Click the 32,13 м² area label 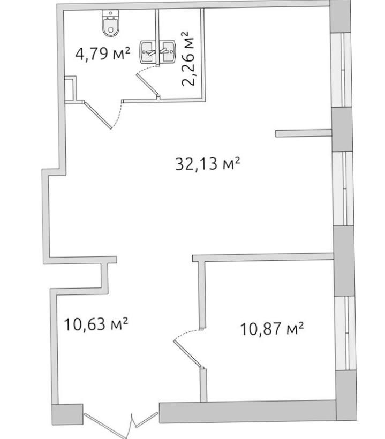tap(208, 163)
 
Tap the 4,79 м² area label tap(103, 54)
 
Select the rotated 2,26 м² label tap(188, 59)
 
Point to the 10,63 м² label tap(96, 324)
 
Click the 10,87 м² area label tap(272, 329)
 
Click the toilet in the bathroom tap(111, 23)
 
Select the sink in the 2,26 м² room tap(168, 51)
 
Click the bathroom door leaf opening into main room tap(97, 115)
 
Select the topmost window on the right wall tap(341, 70)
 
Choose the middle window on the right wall tap(343, 188)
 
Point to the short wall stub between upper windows tap(304, 133)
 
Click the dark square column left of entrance tap(67, 414)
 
